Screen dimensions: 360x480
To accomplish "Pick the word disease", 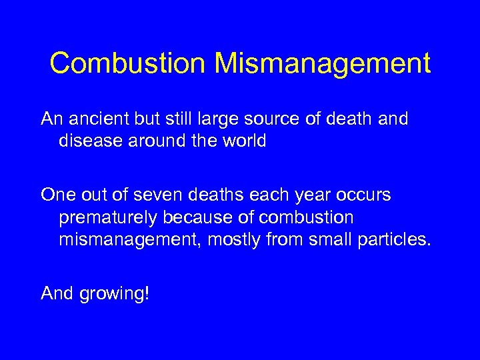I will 93,141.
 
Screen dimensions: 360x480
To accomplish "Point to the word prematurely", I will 111,217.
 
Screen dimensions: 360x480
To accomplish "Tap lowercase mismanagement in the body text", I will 130,239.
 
